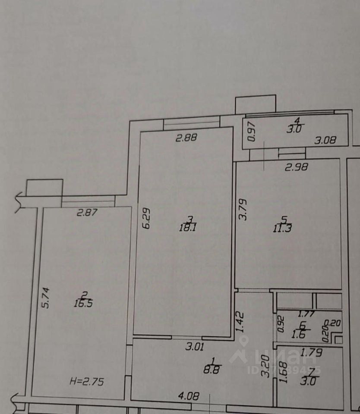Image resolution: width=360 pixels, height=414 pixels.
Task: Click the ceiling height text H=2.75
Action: pyautogui.click(x=87, y=381)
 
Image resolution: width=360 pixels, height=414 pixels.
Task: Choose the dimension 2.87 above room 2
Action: pyautogui.click(x=88, y=212)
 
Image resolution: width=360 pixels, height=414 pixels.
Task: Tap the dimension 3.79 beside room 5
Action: pyautogui.click(x=243, y=209)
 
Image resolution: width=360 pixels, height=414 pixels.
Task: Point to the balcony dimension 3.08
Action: pyautogui.click(x=325, y=140)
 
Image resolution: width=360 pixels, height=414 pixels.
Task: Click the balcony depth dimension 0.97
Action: pyautogui.click(x=252, y=132)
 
